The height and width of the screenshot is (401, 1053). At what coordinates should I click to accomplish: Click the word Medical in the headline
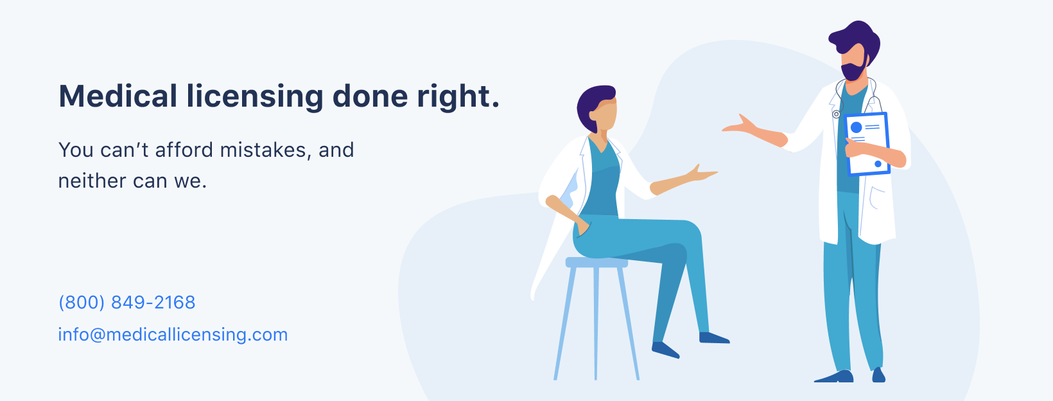click(117, 96)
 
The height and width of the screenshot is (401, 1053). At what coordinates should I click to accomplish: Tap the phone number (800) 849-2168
click(126, 302)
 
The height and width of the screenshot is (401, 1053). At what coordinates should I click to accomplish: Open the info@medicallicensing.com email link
click(173, 335)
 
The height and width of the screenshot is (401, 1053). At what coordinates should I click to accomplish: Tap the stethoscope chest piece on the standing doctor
click(836, 114)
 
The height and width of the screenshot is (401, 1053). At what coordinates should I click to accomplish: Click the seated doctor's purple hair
click(592, 106)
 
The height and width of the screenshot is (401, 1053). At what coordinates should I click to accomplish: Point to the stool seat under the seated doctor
click(596, 262)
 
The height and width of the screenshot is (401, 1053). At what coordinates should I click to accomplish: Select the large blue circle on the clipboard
click(857, 127)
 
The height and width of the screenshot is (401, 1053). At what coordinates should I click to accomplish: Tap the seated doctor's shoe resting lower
click(665, 350)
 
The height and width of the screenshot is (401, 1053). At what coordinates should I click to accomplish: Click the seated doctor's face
click(604, 115)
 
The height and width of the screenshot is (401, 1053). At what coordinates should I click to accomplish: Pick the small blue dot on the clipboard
click(878, 164)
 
